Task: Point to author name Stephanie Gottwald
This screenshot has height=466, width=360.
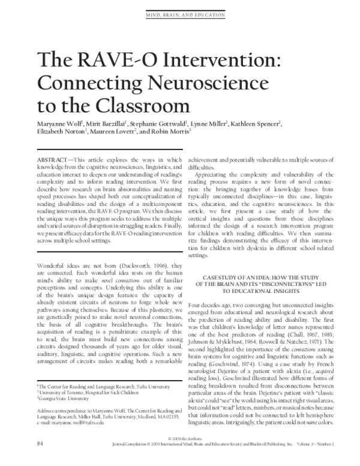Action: [x=165, y=124]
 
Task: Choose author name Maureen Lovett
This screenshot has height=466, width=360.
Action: [x=113, y=133]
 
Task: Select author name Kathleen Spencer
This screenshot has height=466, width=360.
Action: [x=256, y=124]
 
